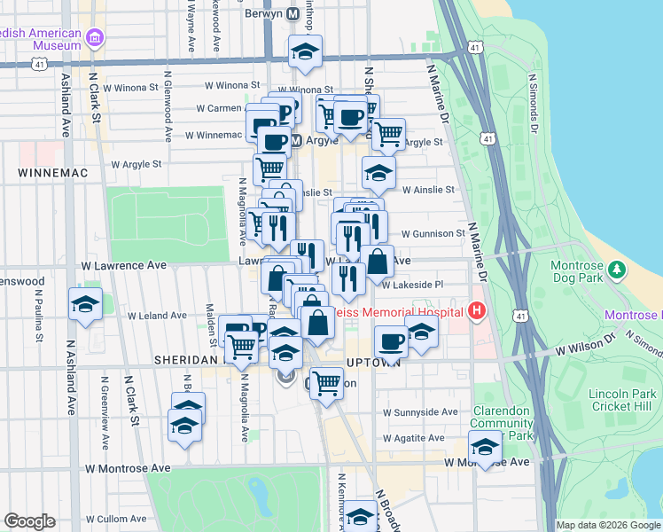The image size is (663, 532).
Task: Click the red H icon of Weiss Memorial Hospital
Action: click(478, 311)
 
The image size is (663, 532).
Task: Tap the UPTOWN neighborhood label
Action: click(367, 362)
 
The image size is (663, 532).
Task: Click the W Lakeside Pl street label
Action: click(412, 285)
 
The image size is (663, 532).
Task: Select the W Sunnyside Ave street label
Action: click(420, 412)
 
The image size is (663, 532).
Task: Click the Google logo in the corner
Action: click(29, 521)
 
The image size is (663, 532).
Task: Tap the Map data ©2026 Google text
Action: click(607, 525)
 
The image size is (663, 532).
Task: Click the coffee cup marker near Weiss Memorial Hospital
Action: click(390, 340)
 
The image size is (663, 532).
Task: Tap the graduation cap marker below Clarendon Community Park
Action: click(485, 445)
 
